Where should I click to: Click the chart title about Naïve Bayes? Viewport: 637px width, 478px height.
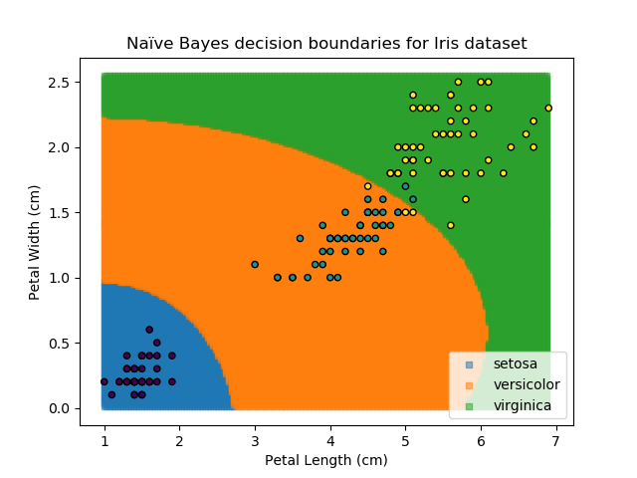[326, 44]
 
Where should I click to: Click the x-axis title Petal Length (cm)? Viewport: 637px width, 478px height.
[326, 460]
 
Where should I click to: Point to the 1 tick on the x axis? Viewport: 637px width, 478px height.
[105, 440]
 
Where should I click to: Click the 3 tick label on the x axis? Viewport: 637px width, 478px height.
[255, 440]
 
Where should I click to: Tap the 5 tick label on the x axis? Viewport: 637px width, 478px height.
[405, 440]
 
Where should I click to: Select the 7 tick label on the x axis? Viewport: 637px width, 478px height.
[555, 440]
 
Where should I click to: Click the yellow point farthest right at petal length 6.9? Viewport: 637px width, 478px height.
[548, 108]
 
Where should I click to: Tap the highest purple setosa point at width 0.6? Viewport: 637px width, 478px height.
[149, 330]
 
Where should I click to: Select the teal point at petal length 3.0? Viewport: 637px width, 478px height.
[255, 264]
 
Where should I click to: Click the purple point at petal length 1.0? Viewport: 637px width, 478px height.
[105, 381]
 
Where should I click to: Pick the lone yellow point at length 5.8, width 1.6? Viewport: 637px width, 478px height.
[466, 199]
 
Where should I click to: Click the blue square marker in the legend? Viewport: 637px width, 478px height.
[467, 364]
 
